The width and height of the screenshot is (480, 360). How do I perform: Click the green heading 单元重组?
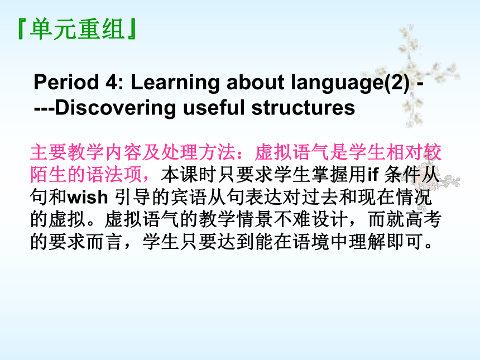coord(78,29)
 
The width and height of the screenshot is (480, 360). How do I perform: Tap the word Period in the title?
coord(66,82)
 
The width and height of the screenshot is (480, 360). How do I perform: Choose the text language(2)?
coord(350,83)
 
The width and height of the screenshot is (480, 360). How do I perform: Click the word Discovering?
coord(116,108)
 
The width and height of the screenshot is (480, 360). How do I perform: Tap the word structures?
coord(303,108)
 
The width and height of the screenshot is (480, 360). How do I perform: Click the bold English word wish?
coord(88,197)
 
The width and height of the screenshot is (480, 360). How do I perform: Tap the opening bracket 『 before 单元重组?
coord(22,29)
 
